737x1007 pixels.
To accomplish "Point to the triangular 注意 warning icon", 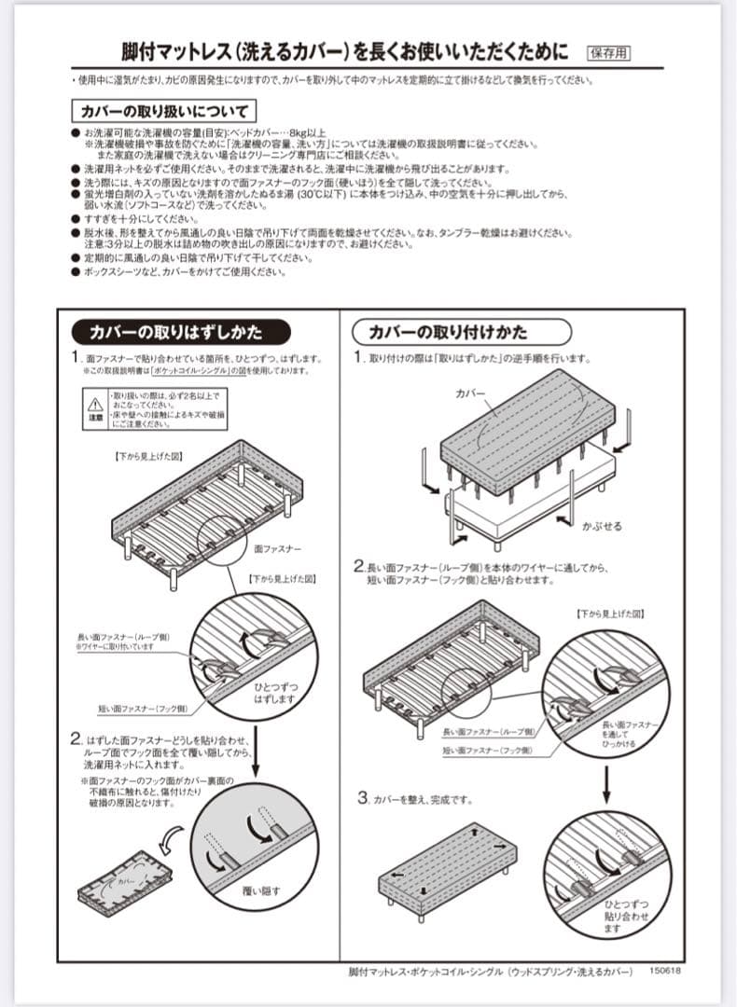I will [94, 406].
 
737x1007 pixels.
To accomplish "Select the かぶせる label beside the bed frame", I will [601, 526].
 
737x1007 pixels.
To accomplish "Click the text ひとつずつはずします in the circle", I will [276, 692].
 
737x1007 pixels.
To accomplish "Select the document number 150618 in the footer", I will [664, 972].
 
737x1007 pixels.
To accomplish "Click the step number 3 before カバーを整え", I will [362, 799].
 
